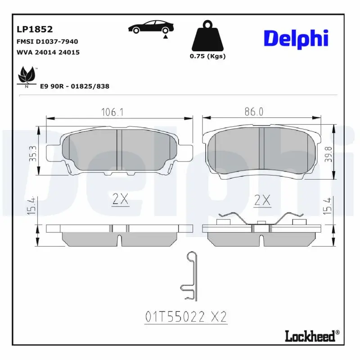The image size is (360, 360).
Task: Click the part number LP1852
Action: (35, 30)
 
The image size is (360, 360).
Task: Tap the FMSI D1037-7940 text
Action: (47, 41)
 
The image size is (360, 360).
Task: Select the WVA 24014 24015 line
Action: (48, 52)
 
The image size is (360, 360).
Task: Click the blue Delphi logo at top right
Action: (296, 39)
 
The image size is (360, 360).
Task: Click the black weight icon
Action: (207, 36)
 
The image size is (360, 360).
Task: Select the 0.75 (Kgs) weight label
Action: (207, 56)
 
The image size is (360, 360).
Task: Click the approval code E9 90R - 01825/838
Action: (75, 86)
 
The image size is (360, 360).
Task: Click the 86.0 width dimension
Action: (254, 112)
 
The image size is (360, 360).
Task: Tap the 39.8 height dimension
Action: (329, 154)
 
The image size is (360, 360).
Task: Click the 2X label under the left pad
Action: (120, 200)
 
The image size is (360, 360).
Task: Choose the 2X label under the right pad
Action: (262, 200)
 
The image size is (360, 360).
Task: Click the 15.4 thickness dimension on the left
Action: (31, 206)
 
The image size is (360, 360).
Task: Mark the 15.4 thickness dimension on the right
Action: (329, 206)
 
